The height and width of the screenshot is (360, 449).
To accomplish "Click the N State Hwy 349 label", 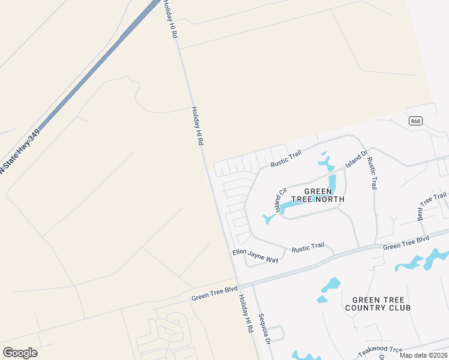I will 20,150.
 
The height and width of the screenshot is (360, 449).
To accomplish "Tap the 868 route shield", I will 415,121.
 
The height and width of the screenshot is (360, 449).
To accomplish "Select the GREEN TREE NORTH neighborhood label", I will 318,195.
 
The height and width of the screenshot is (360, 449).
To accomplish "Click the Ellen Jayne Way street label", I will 256,256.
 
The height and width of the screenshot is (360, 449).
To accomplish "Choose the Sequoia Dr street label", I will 265,328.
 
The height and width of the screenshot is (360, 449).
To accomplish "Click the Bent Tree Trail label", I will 432,205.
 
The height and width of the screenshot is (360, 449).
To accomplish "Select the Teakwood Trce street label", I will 381,352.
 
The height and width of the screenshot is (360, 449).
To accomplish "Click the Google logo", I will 20,353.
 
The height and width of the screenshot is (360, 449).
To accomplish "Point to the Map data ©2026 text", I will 423,355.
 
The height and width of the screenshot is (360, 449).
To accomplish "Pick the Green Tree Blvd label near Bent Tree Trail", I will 406,242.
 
